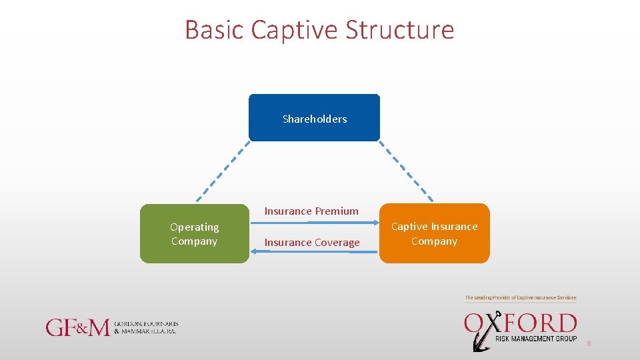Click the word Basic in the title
click(x=215, y=30)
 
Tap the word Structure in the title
click(x=400, y=30)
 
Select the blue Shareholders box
click(x=314, y=118)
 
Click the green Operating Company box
click(x=194, y=234)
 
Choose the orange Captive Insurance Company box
click(x=434, y=233)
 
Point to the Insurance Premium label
click(x=311, y=211)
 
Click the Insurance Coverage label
click(x=312, y=243)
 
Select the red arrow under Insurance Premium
click(x=313, y=225)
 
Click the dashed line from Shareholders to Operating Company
click(x=223, y=171)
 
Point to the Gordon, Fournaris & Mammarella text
click(x=146, y=327)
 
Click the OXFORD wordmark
click(x=520, y=324)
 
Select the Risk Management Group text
click(x=535, y=339)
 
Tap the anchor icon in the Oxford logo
click(x=479, y=337)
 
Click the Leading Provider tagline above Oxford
click(x=520, y=297)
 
